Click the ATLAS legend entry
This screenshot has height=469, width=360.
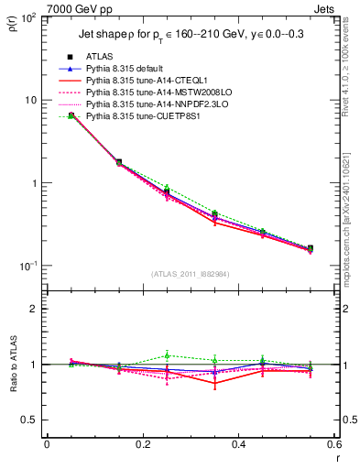pyautogui.click(x=99, y=57)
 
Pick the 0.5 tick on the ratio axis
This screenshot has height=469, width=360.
pyautogui.click(x=33, y=420)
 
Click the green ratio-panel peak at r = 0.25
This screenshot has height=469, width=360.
pyautogui.click(x=167, y=355)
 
